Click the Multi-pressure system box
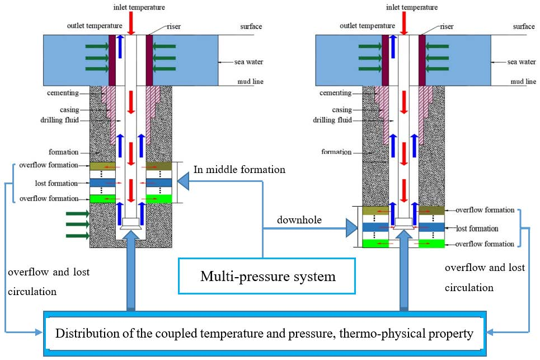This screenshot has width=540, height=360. [x=267, y=276]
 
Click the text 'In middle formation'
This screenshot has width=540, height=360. [x=239, y=169]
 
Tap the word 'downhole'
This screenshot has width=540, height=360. [x=299, y=220]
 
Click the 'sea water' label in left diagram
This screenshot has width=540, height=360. [x=248, y=62]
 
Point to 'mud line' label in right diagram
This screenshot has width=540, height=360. [x=523, y=82]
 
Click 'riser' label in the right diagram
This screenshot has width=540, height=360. [x=445, y=26]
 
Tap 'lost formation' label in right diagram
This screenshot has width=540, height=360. [x=477, y=228]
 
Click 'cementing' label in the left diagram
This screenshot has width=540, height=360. [x=63, y=93]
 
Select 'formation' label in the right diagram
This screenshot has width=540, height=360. [x=336, y=152]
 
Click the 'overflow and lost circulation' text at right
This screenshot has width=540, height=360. [x=485, y=278]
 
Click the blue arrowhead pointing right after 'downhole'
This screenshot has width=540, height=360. [x=351, y=228]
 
